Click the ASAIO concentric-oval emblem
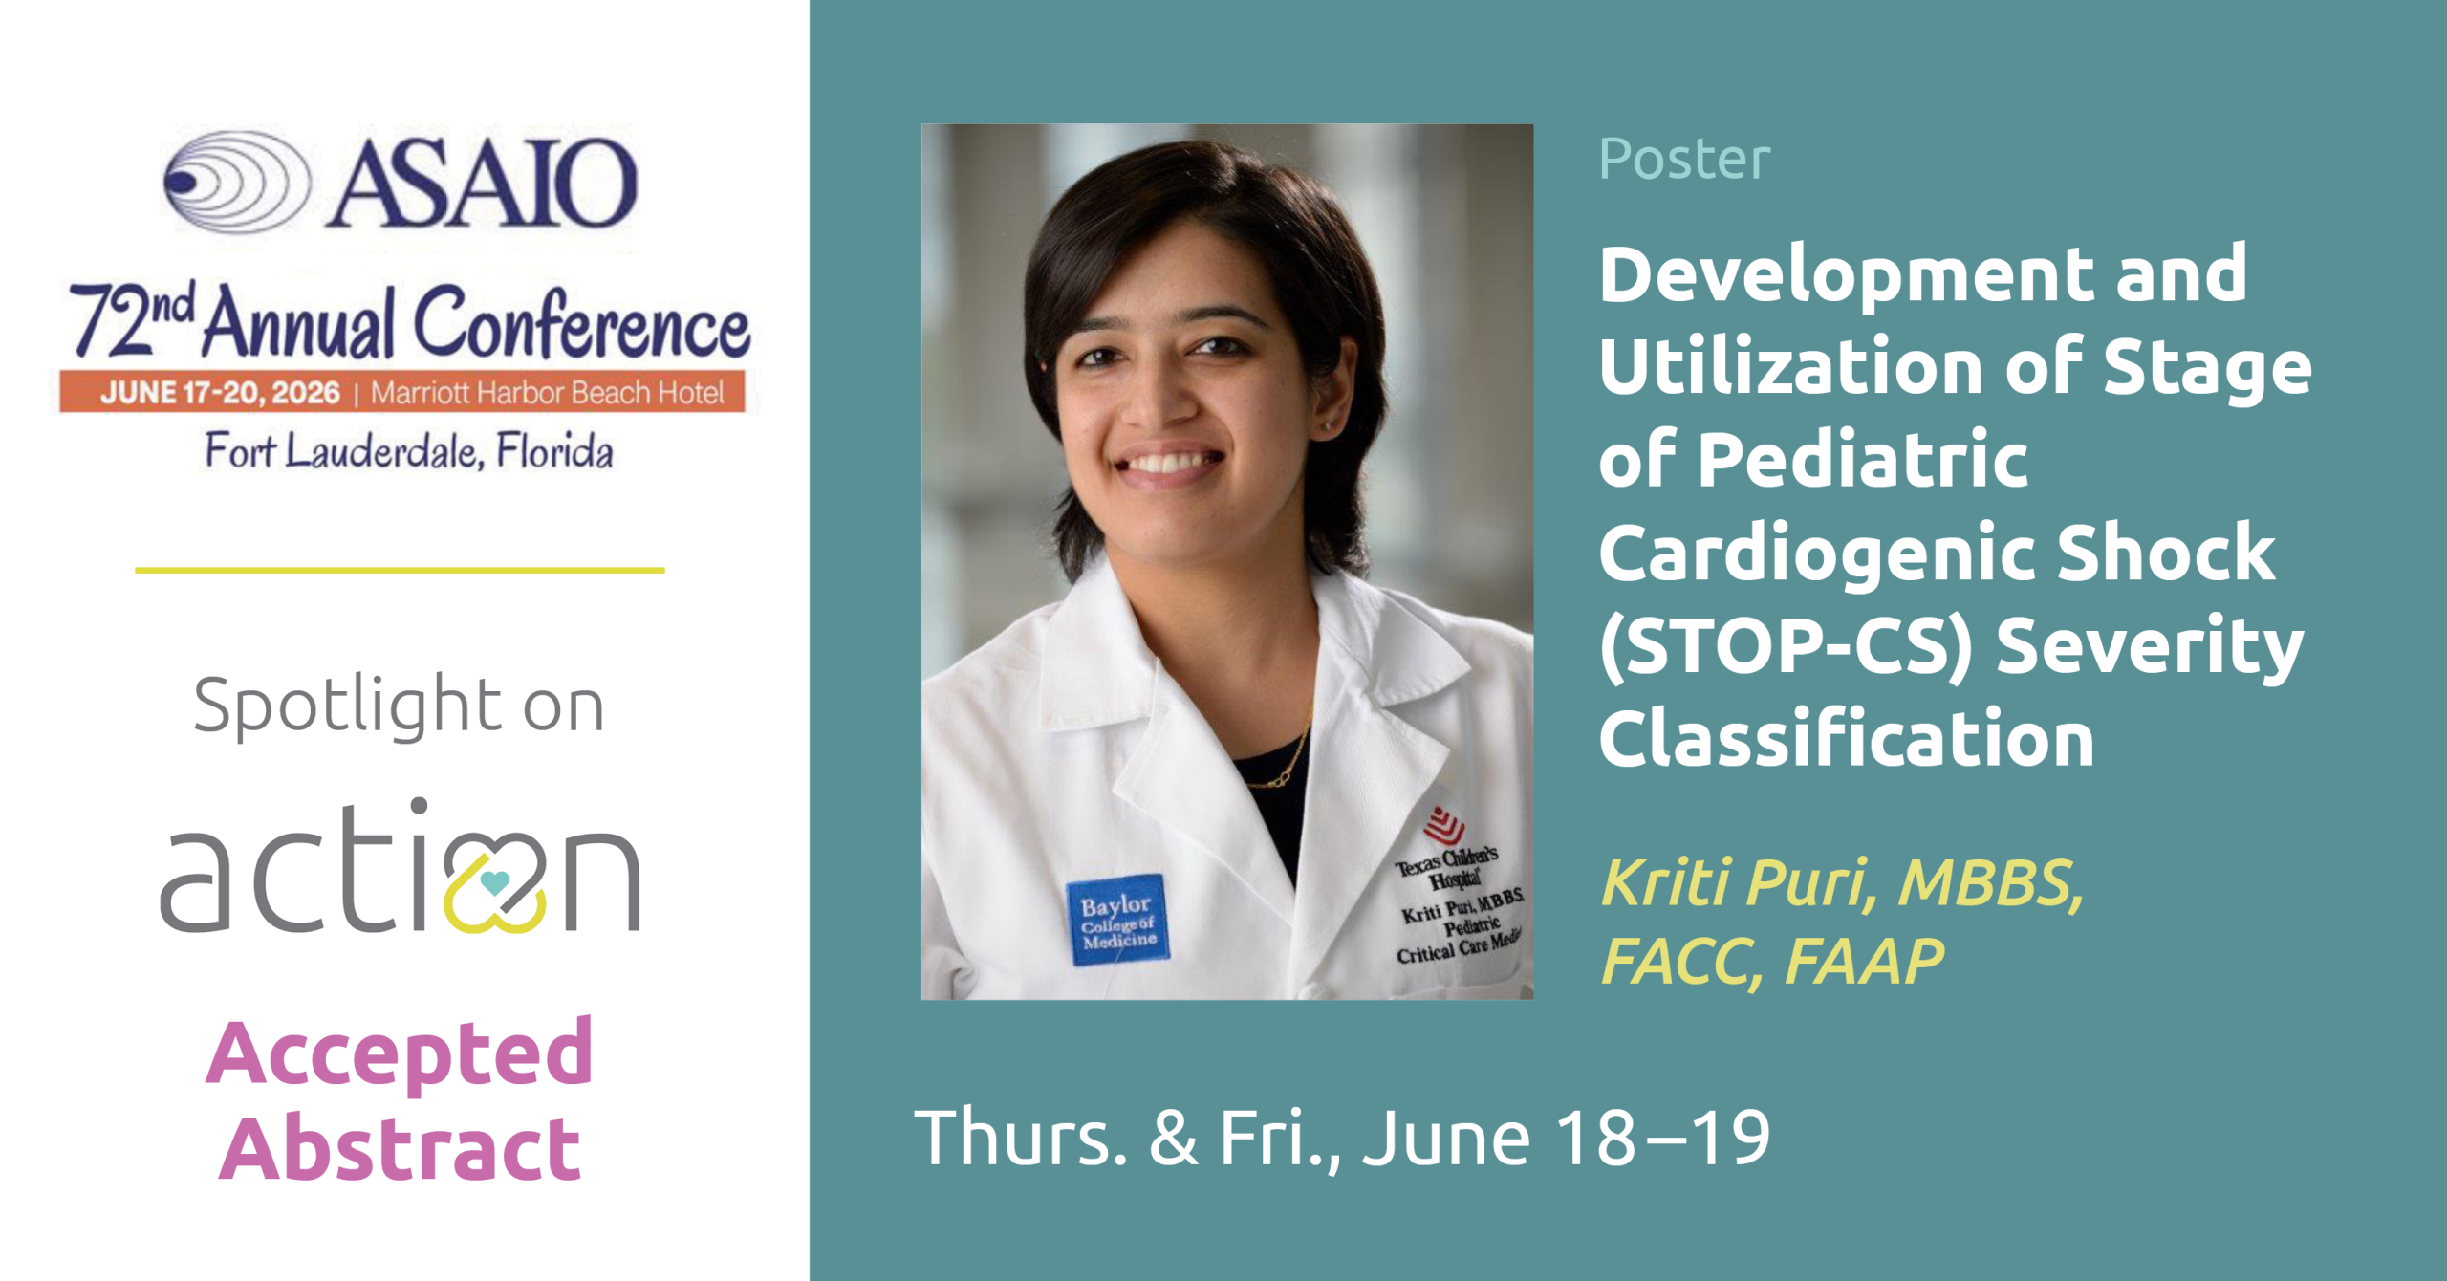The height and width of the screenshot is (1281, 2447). pyautogui.click(x=237, y=182)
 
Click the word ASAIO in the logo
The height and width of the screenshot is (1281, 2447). pyautogui.click(x=482, y=182)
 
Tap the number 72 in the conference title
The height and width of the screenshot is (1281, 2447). pyautogui.click(x=108, y=320)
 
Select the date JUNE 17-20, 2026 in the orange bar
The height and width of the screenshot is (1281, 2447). pyautogui.click(x=221, y=393)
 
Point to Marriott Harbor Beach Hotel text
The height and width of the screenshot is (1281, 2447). pyautogui.click(x=548, y=393)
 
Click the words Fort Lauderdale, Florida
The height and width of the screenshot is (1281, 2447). pyautogui.click(x=409, y=451)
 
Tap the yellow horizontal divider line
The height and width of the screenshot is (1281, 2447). pyautogui.click(x=400, y=570)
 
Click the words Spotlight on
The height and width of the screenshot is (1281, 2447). pyautogui.click(x=399, y=706)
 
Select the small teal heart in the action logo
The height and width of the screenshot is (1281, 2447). pyautogui.click(x=494, y=880)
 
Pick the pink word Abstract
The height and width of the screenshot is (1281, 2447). pyautogui.click(x=400, y=1147)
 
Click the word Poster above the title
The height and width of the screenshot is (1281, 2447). pyautogui.click(x=1684, y=158)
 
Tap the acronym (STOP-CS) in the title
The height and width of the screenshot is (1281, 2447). pyautogui.click(x=1787, y=646)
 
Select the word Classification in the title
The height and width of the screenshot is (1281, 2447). pyautogui.click(x=1847, y=738)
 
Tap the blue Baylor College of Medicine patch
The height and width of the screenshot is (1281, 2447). pyautogui.click(x=1118, y=920)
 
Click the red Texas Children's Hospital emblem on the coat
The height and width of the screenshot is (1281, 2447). pyautogui.click(x=1444, y=823)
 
